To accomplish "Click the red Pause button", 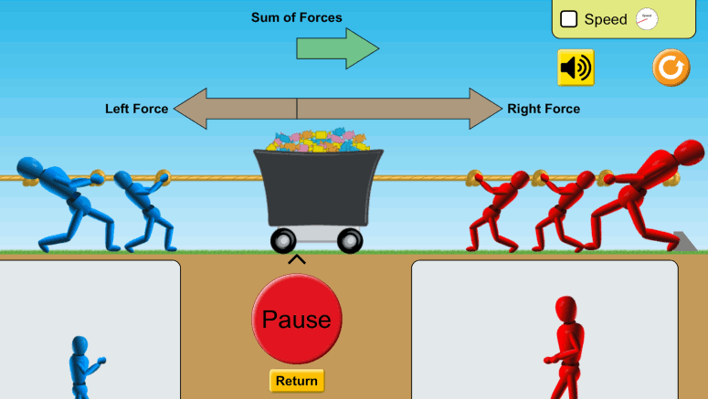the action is coord(297,319).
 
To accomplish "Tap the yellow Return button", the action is coord(297,381).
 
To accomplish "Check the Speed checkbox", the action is coord(568,19).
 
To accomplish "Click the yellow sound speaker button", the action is coord(576,68).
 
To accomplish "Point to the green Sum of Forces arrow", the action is coord(337,48).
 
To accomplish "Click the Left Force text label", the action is coord(136,109).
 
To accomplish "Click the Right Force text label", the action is coord(544,109).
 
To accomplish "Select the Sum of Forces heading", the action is coord(297,17).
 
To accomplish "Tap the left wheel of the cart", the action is coord(283,240).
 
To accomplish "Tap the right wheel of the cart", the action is coord(350,240).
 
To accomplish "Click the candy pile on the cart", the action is coord(318,141).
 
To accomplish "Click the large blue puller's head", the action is coord(29,167).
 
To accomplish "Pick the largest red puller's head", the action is coord(689,152).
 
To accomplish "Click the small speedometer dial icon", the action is coord(647,19).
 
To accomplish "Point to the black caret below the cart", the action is coord(297,259).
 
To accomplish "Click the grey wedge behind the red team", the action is coord(684,241).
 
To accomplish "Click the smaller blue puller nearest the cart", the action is coord(144,210).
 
